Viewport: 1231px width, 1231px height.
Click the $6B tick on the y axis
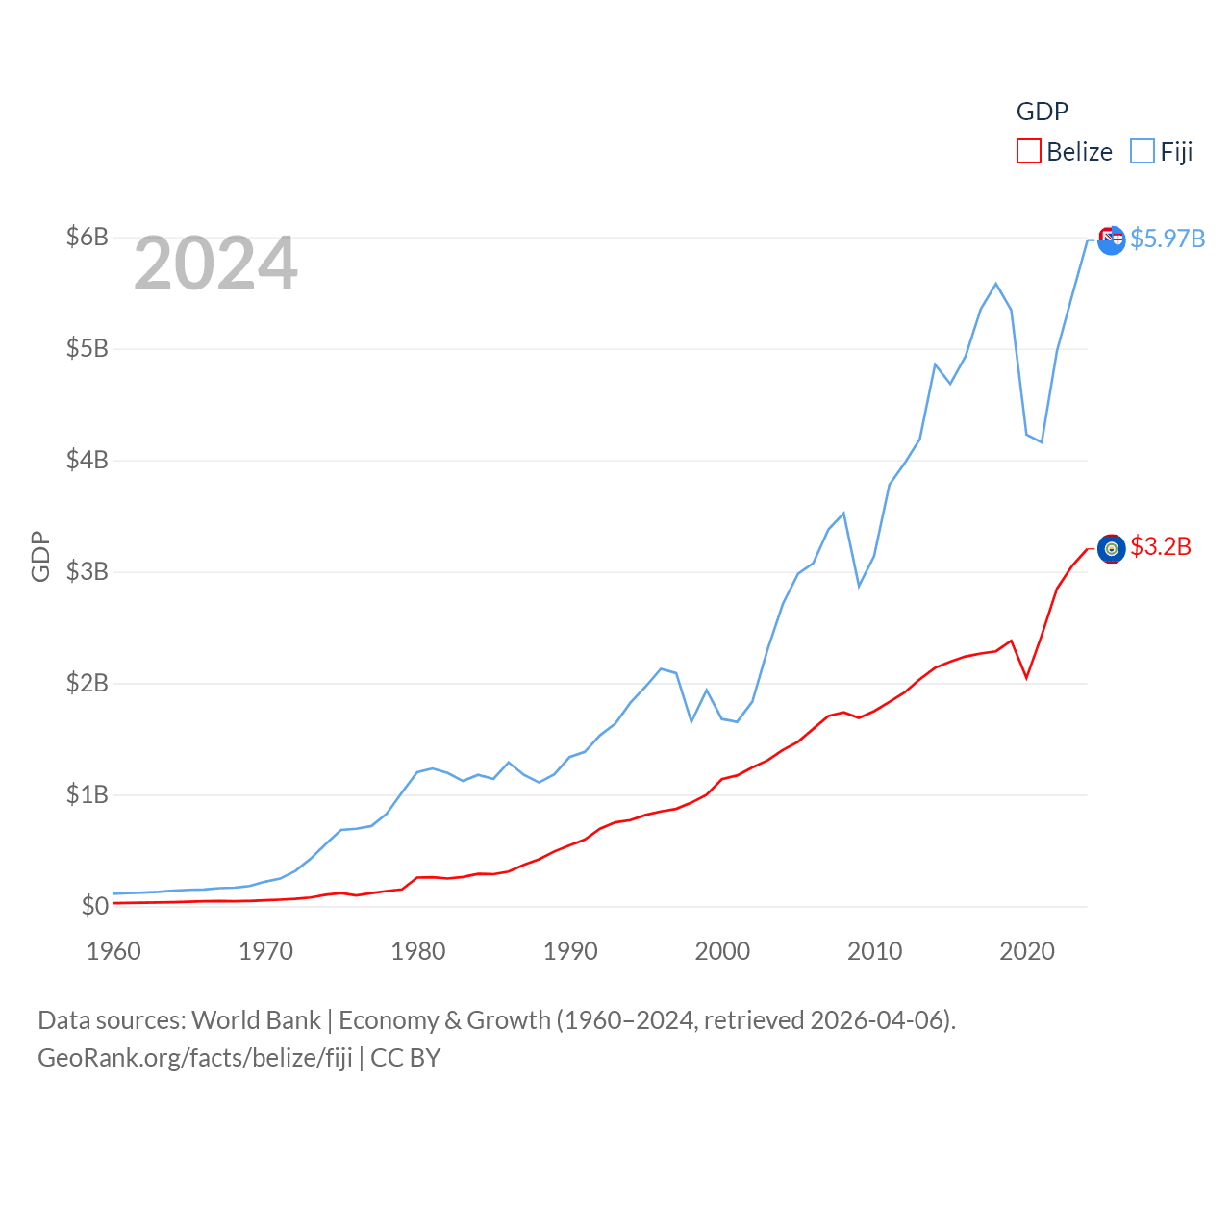click(x=87, y=237)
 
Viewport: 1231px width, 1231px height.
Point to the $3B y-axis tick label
click(x=87, y=571)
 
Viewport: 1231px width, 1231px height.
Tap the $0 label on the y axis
click(x=94, y=906)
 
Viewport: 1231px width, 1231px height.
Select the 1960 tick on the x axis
click(x=113, y=951)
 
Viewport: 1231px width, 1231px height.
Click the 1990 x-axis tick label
click(x=570, y=951)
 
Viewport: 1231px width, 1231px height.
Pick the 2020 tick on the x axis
click(x=1027, y=951)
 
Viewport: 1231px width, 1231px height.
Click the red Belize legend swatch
click(x=1029, y=152)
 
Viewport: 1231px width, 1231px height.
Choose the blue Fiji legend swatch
click(x=1143, y=152)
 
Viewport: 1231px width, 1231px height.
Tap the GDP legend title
click(x=1043, y=112)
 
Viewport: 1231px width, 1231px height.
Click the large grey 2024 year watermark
click(x=215, y=264)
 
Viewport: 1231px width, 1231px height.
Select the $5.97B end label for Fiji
click(x=1168, y=239)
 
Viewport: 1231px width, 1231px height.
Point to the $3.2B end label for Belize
click(x=1161, y=546)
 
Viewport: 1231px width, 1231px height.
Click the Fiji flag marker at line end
click(x=1112, y=240)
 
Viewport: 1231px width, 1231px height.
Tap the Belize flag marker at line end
click(x=1112, y=548)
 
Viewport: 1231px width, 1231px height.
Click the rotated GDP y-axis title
click(x=40, y=556)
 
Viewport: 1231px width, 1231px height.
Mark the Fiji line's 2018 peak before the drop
click(x=996, y=284)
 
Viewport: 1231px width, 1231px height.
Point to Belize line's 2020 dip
click(x=1027, y=677)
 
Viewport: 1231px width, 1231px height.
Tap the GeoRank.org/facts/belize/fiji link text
click(x=195, y=1058)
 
